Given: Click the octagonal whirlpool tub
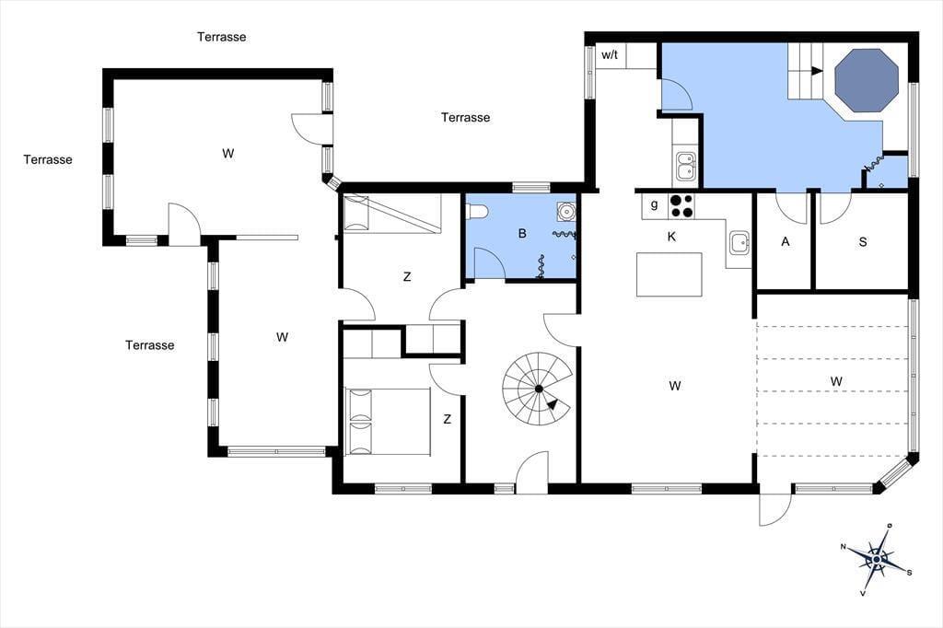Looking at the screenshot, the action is tap(867, 81).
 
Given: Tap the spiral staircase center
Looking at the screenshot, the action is tap(539, 389).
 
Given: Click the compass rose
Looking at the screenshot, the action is tap(878, 560).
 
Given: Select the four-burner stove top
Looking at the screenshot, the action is tap(681, 205).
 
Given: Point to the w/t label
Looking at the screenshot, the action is tap(610, 55).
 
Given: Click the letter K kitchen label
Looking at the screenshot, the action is tap(671, 237).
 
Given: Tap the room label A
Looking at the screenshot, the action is tap(785, 242).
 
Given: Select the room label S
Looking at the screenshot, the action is tap(863, 242).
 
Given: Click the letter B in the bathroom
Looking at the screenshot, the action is tap(522, 233).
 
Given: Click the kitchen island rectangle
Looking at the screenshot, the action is tap(669, 275).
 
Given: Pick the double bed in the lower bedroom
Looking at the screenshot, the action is tap(388, 421).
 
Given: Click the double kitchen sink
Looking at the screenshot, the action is tap(685, 167).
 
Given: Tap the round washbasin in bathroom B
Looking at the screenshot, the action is tap(565, 211).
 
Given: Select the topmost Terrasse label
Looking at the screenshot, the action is tap(221, 37).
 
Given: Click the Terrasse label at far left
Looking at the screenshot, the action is tap(48, 159).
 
